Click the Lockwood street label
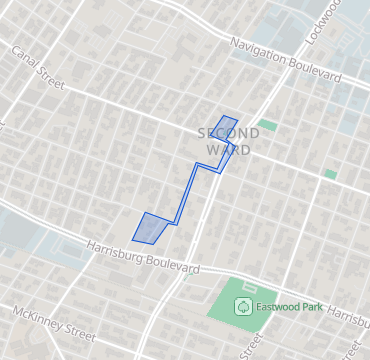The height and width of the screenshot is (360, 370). [x=324, y=20]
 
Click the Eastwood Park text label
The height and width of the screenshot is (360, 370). [x=288, y=306]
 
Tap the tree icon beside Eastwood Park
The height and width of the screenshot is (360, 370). [x=242, y=305]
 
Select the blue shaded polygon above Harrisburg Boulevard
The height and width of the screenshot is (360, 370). [x=150, y=228]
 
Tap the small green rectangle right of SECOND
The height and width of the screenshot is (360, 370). [x=266, y=125]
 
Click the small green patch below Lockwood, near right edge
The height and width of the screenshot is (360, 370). [x=329, y=173]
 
